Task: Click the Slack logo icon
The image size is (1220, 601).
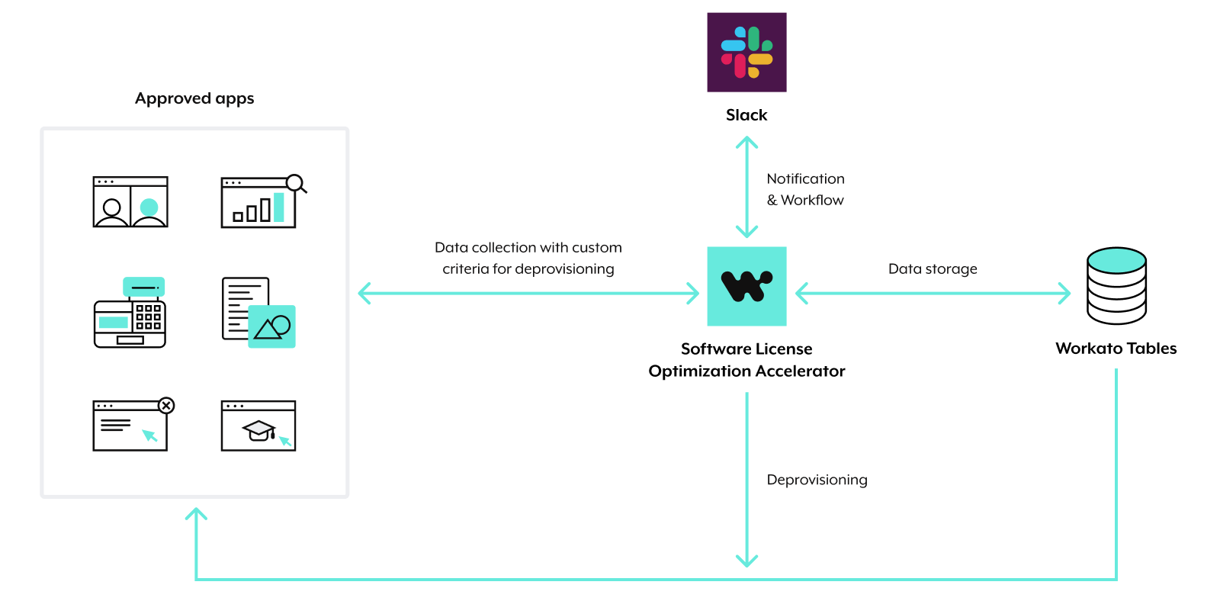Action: [x=746, y=52]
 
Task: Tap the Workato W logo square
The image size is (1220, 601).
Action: [x=746, y=286]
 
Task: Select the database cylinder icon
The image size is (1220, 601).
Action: [x=1116, y=286]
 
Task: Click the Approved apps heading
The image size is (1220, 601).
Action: [x=194, y=98]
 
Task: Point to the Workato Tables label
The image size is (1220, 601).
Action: [x=1116, y=349]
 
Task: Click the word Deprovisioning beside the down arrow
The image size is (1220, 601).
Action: [x=817, y=480]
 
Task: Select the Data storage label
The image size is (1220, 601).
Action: [x=933, y=269]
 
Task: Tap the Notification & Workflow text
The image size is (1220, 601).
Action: [x=805, y=189]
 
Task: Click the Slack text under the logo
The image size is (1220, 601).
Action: [x=746, y=115]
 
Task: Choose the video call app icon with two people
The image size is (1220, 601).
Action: [x=130, y=202]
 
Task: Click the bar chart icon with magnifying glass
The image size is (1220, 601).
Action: [x=259, y=203]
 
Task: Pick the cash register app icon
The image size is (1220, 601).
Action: [x=130, y=313]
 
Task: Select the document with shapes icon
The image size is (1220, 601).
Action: [x=258, y=313]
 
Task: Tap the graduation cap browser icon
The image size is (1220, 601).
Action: [x=258, y=426]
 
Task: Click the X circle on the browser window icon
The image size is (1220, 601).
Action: [x=166, y=405]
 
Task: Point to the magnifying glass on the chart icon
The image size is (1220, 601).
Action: [x=295, y=183]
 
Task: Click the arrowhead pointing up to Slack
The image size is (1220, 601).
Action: [x=746, y=143]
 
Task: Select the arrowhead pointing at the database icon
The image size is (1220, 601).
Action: [x=1064, y=293]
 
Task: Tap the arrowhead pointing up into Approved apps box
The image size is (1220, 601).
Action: [x=196, y=515]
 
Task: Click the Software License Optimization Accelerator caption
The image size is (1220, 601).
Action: [x=746, y=360]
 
